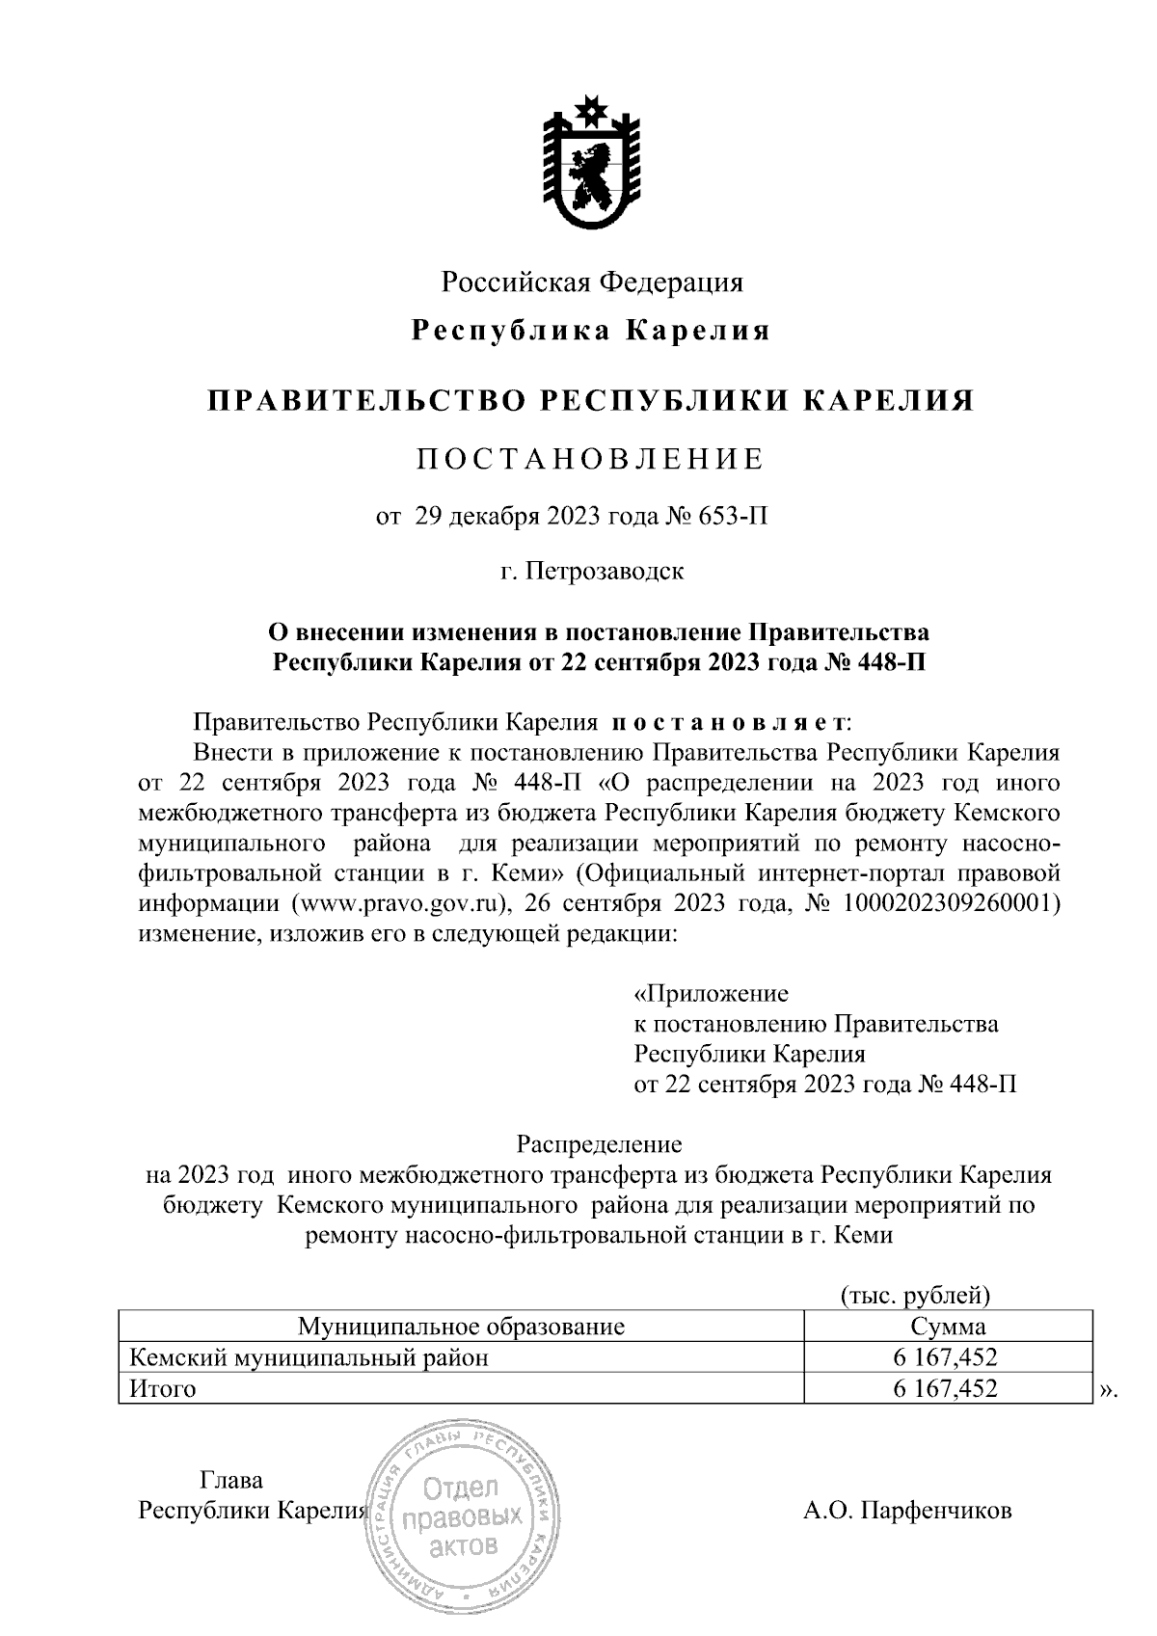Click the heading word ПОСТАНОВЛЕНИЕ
pyautogui.click(x=590, y=459)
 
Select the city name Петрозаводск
pyautogui.click(x=605, y=571)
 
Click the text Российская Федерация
pyautogui.click(x=592, y=282)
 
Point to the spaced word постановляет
pyautogui.click(x=730, y=722)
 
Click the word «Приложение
pyautogui.click(x=711, y=993)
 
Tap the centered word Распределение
pyautogui.click(x=599, y=1144)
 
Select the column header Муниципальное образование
pyautogui.click(x=461, y=1327)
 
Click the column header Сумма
pyautogui.click(x=947, y=1327)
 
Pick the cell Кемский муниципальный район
pyautogui.click(x=309, y=1357)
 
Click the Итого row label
pyautogui.click(x=162, y=1389)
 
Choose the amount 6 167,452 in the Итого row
pyautogui.click(x=945, y=1389)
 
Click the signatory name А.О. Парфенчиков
pyautogui.click(x=907, y=1511)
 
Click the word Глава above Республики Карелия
pyautogui.click(x=230, y=1480)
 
